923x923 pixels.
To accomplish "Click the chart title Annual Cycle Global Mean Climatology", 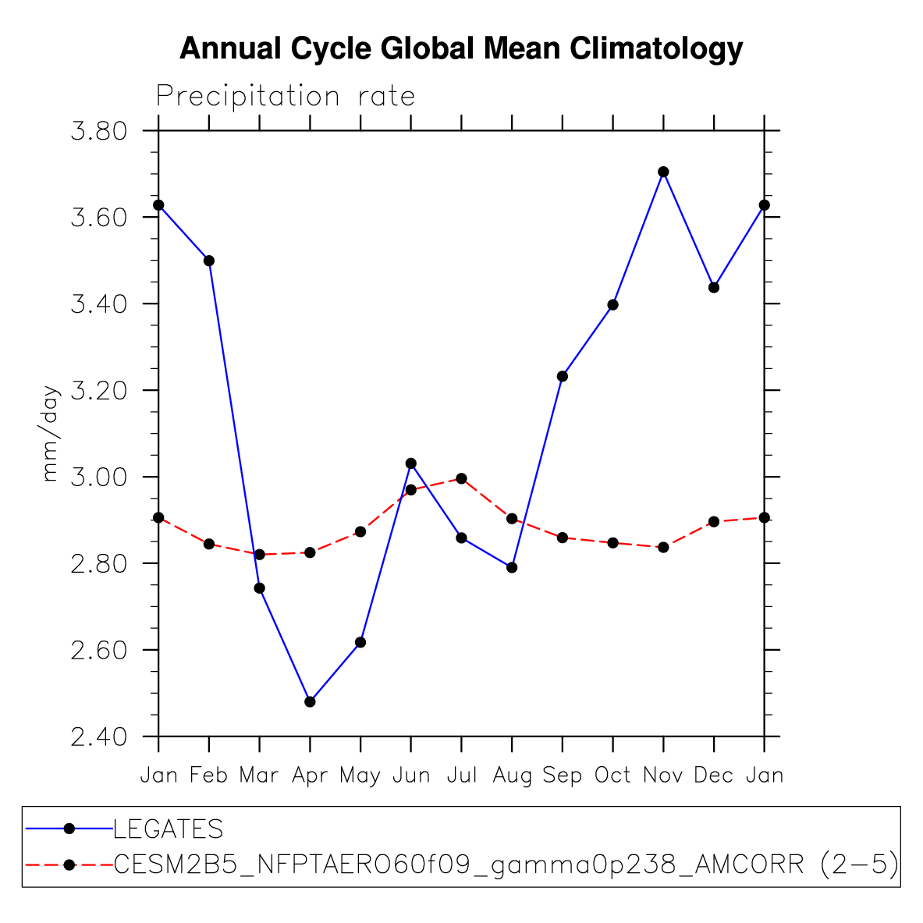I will pyautogui.click(x=461, y=48).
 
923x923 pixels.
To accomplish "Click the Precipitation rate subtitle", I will pyautogui.click(x=286, y=96).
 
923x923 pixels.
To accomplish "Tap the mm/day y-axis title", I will pyautogui.click(x=50, y=434).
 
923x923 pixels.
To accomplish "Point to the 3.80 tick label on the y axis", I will pyautogui.click(x=98, y=130).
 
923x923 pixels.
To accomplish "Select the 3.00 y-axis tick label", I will pyautogui.click(x=98, y=477).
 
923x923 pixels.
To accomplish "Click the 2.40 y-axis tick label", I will pyautogui.click(x=98, y=737).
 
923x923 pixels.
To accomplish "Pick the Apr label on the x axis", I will pyautogui.click(x=310, y=776).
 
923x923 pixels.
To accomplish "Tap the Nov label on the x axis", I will pyautogui.click(x=663, y=776).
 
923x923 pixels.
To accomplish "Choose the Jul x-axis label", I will pyautogui.click(x=462, y=776).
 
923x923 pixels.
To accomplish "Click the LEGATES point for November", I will pyautogui.click(x=663, y=172).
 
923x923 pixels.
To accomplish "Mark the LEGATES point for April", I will pyautogui.click(x=310, y=701).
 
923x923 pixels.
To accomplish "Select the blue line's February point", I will pyautogui.click(x=209, y=261).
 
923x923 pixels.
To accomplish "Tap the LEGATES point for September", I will pyautogui.click(x=563, y=376).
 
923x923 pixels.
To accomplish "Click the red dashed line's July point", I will pyautogui.click(x=461, y=478).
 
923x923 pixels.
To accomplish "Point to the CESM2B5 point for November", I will pyautogui.click(x=663, y=548).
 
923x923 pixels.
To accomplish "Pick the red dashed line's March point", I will pyautogui.click(x=259, y=554).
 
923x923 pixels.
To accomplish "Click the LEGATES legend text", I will pyautogui.click(x=169, y=829).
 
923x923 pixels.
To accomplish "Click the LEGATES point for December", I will pyautogui.click(x=713, y=287).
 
